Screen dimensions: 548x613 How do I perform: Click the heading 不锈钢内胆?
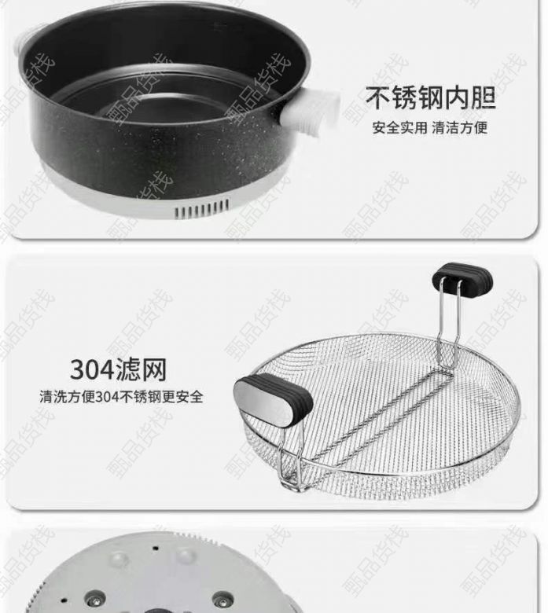click(431, 97)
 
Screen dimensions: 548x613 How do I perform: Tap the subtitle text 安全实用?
click(399, 127)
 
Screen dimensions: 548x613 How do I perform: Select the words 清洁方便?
click(460, 127)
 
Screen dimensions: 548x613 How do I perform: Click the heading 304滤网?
click(118, 369)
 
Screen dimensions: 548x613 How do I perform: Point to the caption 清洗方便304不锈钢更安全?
click(121, 396)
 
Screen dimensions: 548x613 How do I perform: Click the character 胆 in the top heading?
click(483, 97)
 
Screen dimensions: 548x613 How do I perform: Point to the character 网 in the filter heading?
click(154, 369)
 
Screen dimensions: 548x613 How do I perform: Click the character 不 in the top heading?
click(379, 97)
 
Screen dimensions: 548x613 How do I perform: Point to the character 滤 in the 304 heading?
click(129, 369)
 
